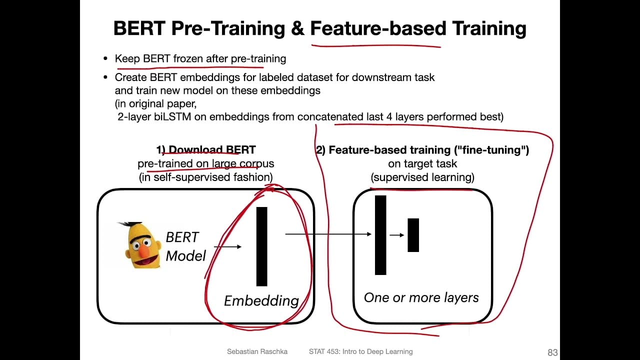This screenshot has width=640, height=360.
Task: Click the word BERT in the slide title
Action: [139, 28]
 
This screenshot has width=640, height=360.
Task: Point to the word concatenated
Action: [330, 116]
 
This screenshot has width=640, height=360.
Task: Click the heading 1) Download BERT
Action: [206, 149]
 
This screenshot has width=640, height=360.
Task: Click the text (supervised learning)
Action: [422, 177]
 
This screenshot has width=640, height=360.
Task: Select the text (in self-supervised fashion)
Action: [206, 177]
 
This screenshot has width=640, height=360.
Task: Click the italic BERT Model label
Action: [185, 246]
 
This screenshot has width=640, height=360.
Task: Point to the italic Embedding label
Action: [261, 300]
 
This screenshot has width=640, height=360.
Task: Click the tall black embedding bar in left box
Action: [261, 246]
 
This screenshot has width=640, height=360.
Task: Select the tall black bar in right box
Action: [380, 235]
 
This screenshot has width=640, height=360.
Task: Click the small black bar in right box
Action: [413, 235]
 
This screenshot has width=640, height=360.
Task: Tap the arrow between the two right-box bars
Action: [397, 234]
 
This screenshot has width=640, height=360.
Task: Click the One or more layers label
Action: [421, 297]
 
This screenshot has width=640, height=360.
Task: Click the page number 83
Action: [552, 352]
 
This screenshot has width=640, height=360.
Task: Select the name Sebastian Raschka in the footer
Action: [257, 351]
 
